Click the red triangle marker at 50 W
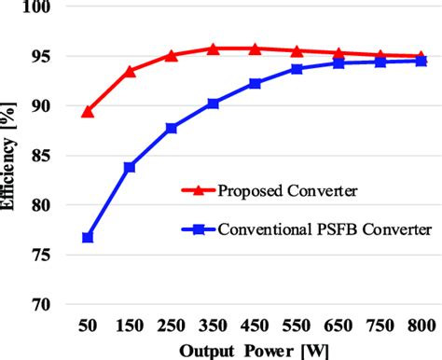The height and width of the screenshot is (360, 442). (x=88, y=112)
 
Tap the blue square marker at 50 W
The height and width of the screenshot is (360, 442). (x=88, y=238)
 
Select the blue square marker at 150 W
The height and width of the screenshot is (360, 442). (x=130, y=167)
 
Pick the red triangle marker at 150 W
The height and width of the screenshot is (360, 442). (x=130, y=71)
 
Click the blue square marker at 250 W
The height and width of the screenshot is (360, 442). (x=172, y=128)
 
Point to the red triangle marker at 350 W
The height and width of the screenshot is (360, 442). (x=213, y=48)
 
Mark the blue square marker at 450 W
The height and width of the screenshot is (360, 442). (x=255, y=84)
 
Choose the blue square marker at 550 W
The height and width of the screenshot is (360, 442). (x=297, y=69)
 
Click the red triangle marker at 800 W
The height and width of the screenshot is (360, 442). (x=421, y=56)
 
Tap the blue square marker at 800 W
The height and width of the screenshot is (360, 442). (x=421, y=61)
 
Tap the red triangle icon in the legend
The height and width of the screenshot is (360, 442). (x=202, y=191)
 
